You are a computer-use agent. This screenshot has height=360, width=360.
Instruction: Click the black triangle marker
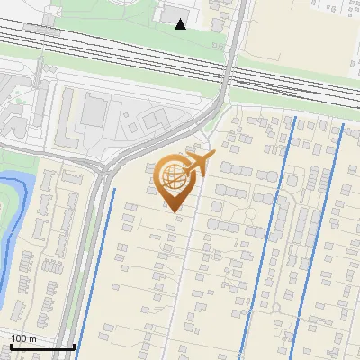click(181, 24)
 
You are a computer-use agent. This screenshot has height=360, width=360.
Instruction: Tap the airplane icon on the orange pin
click(197, 165)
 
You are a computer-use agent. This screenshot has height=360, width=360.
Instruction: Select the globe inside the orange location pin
click(172, 178)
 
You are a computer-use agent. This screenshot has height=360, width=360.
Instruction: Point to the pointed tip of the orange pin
click(175, 212)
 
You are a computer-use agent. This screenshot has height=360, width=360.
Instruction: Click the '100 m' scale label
click(23, 337)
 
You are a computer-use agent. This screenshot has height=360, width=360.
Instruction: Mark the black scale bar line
click(42, 346)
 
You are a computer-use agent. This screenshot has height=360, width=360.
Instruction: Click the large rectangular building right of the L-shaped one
click(94, 112)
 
